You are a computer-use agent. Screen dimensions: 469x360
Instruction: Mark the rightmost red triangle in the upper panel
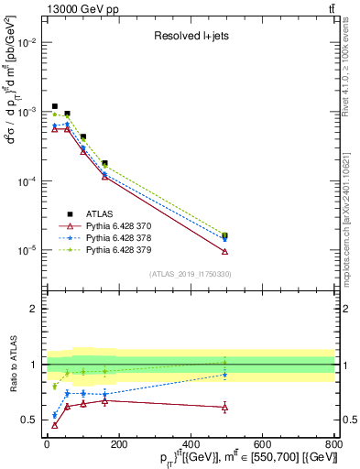coord(224,251)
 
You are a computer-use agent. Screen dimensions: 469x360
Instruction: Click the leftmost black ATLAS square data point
coord(55,107)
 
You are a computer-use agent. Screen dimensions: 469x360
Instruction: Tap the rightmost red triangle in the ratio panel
coord(224,407)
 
